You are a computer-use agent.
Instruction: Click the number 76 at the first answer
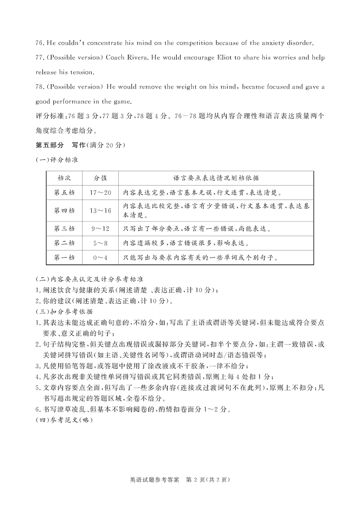(x=38, y=43)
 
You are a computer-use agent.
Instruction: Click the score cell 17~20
(x=100, y=192)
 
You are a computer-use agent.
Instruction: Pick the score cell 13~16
(x=100, y=210)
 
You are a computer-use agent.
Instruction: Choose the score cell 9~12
(x=100, y=228)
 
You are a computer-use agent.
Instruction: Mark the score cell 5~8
(x=100, y=243)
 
